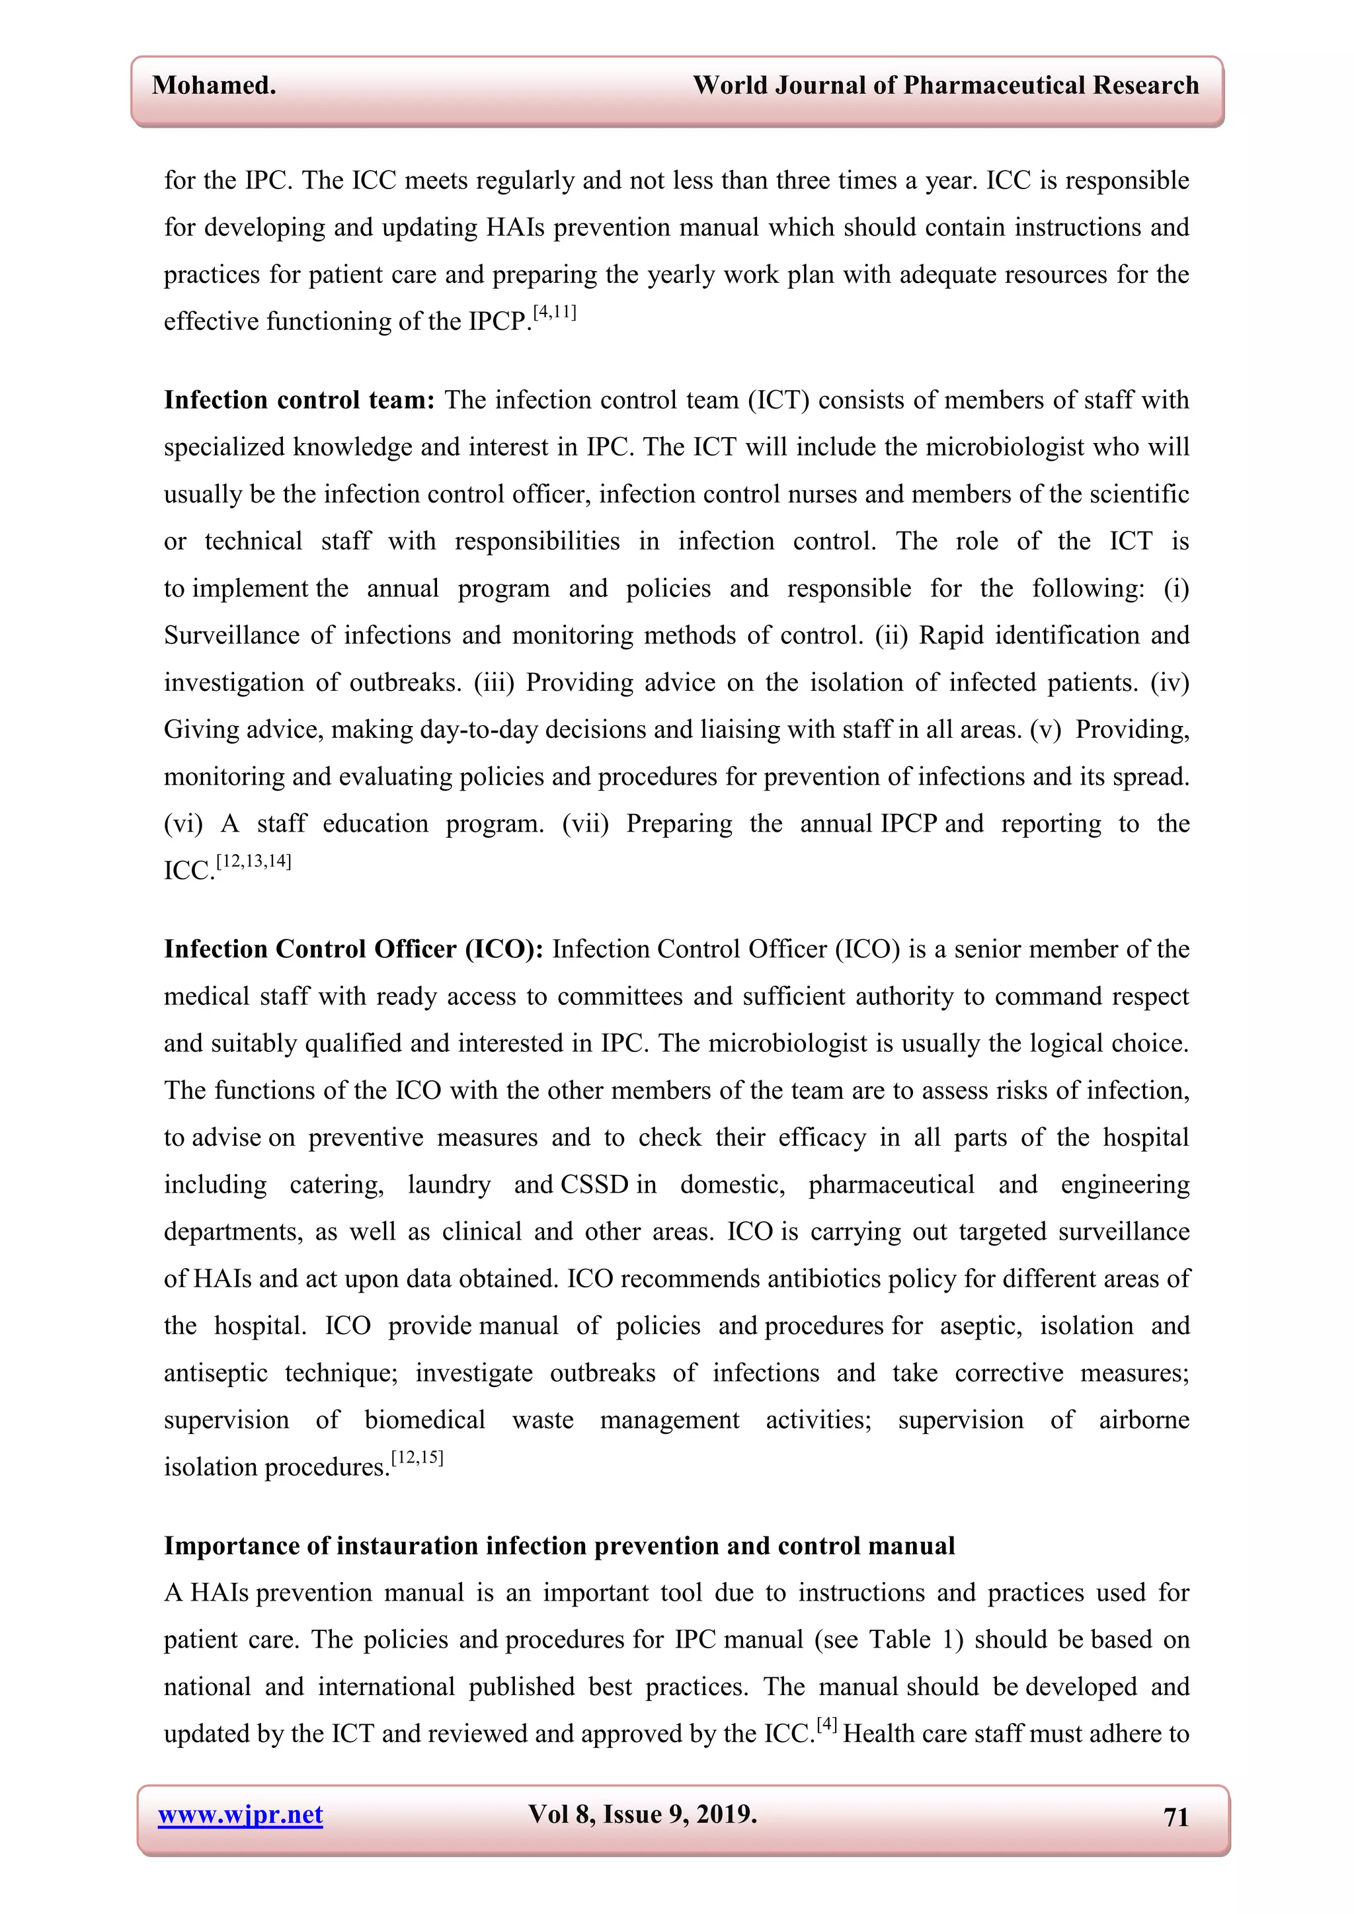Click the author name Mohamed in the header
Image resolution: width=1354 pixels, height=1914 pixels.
[x=214, y=85]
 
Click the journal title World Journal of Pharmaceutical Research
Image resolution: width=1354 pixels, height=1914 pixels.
[x=945, y=85]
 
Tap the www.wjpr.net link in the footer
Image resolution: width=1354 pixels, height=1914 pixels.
[x=240, y=1815]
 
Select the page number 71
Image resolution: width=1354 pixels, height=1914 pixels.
[x=1175, y=1816]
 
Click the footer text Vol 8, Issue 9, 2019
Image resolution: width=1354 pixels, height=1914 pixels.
[x=642, y=1814]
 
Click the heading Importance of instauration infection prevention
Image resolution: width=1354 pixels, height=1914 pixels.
[x=559, y=1546]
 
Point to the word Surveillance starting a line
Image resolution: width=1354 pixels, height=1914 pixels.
[x=232, y=636]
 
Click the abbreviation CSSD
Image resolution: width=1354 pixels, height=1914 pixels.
[x=594, y=1185]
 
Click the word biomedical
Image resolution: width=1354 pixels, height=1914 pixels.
[x=424, y=1419]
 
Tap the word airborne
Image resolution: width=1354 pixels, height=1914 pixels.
[x=1143, y=1419]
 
